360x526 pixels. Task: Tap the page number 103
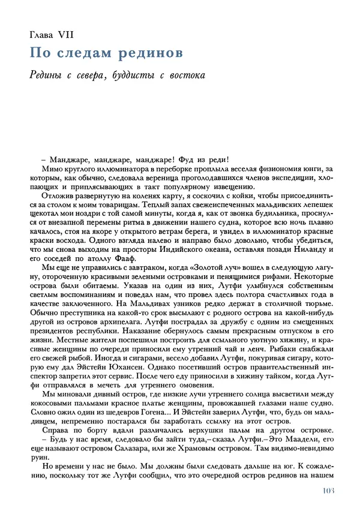pos(323,492)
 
